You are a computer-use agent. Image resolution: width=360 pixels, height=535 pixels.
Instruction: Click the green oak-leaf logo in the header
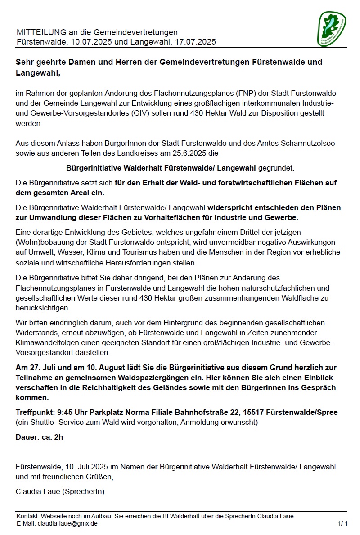[332, 29]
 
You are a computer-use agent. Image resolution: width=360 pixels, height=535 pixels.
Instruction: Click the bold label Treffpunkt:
[35, 413]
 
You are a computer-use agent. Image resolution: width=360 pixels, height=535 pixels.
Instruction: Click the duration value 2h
[58, 437]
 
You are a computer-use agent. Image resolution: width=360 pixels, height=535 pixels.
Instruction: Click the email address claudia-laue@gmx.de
[67, 524]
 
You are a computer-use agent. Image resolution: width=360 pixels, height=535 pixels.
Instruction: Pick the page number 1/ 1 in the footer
[342, 524]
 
